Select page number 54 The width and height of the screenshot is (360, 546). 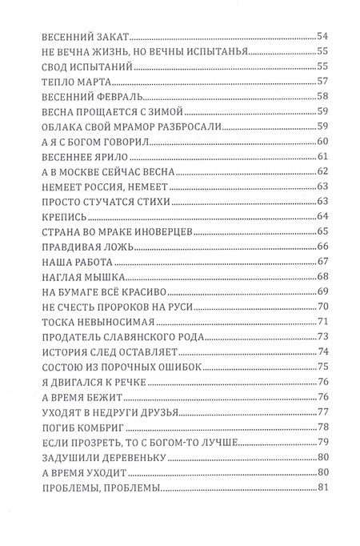click(x=324, y=36)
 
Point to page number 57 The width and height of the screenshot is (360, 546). click(x=324, y=82)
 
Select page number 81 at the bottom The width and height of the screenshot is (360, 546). click(x=324, y=487)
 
